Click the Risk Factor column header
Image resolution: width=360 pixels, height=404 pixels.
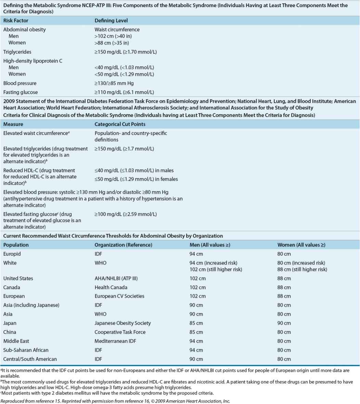click(x=16, y=21)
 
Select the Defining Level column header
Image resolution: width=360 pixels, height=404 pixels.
click(x=111, y=21)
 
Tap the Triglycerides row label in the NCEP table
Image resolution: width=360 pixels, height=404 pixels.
click(x=17, y=52)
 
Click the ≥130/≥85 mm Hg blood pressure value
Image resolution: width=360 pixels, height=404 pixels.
click(x=114, y=83)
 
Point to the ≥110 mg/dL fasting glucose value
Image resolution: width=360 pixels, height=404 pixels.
click(x=124, y=92)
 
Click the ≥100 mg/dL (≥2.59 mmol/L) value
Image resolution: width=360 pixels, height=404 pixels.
click(x=126, y=214)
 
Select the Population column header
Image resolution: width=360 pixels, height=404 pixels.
click(x=16, y=245)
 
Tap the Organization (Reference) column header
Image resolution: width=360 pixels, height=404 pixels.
click(x=124, y=245)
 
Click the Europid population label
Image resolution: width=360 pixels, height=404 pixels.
click(x=12, y=254)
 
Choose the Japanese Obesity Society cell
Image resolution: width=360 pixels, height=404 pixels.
click(x=123, y=323)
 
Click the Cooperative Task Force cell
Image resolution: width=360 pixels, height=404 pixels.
click(x=120, y=332)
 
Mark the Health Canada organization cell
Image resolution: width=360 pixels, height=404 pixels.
click(x=111, y=287)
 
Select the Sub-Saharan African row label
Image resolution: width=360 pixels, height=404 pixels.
click(x=26, y=350)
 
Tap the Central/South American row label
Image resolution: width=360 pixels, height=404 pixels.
click(x=30, y=359)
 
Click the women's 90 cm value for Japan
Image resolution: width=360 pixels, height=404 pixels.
click(x=284, y=323)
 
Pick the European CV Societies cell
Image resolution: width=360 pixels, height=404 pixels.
click(x=119, y=296)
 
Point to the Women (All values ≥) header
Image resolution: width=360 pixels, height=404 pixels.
click(x=301, y=245)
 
